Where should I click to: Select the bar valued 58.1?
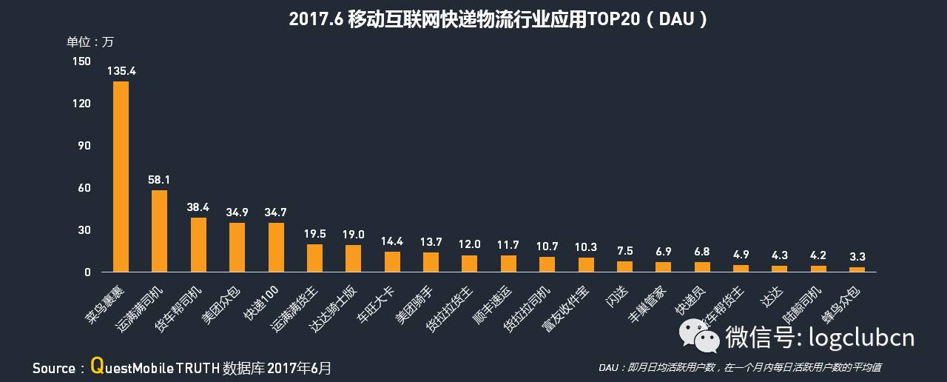click(x=159, y=231)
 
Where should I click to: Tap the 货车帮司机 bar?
click(x=198, y=245)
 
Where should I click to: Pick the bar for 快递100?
click(x=276, y=247)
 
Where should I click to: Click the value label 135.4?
click(x=121, y=71)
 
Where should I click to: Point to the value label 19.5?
click(x=314, y=234)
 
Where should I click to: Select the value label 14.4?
click(x=392, y=241)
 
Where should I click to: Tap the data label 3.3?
click(x=857, y=257)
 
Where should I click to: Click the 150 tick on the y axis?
click(x=81, y=61)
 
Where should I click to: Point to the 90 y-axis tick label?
click(x=84, y=145)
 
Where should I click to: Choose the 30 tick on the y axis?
click(x=84, y=229)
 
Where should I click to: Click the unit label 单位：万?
click(x=90, y=41)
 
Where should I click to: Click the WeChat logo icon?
click(x=700, y=337)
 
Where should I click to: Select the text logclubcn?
click(x=862, y=338)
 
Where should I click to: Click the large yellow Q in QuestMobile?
click(x=96, y=365)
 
